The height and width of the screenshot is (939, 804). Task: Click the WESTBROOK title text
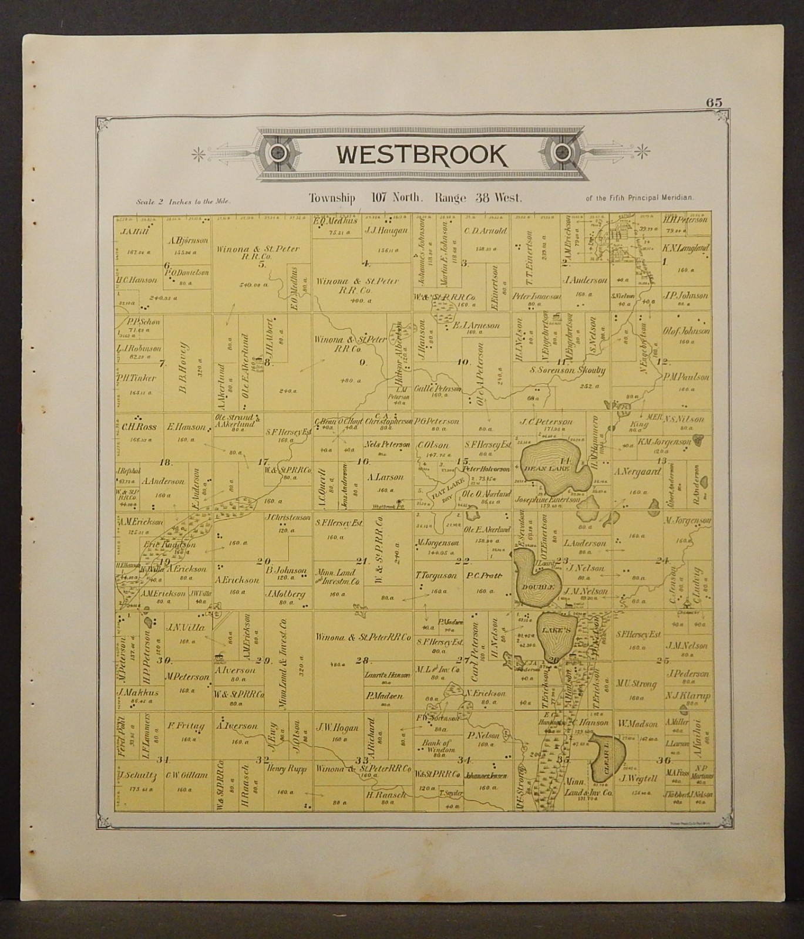pyautogui.click(x=420, y=154)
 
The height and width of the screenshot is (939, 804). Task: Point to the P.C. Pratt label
pyautogui.click(x=485, y=576)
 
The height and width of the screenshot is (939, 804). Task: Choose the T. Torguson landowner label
pyautogui.click(x=436, y=576)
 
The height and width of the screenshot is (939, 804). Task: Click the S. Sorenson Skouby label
pyautogui.click(x=567, y=370)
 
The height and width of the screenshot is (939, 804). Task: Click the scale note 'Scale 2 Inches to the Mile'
pyautogui.click(x=183, y=201)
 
